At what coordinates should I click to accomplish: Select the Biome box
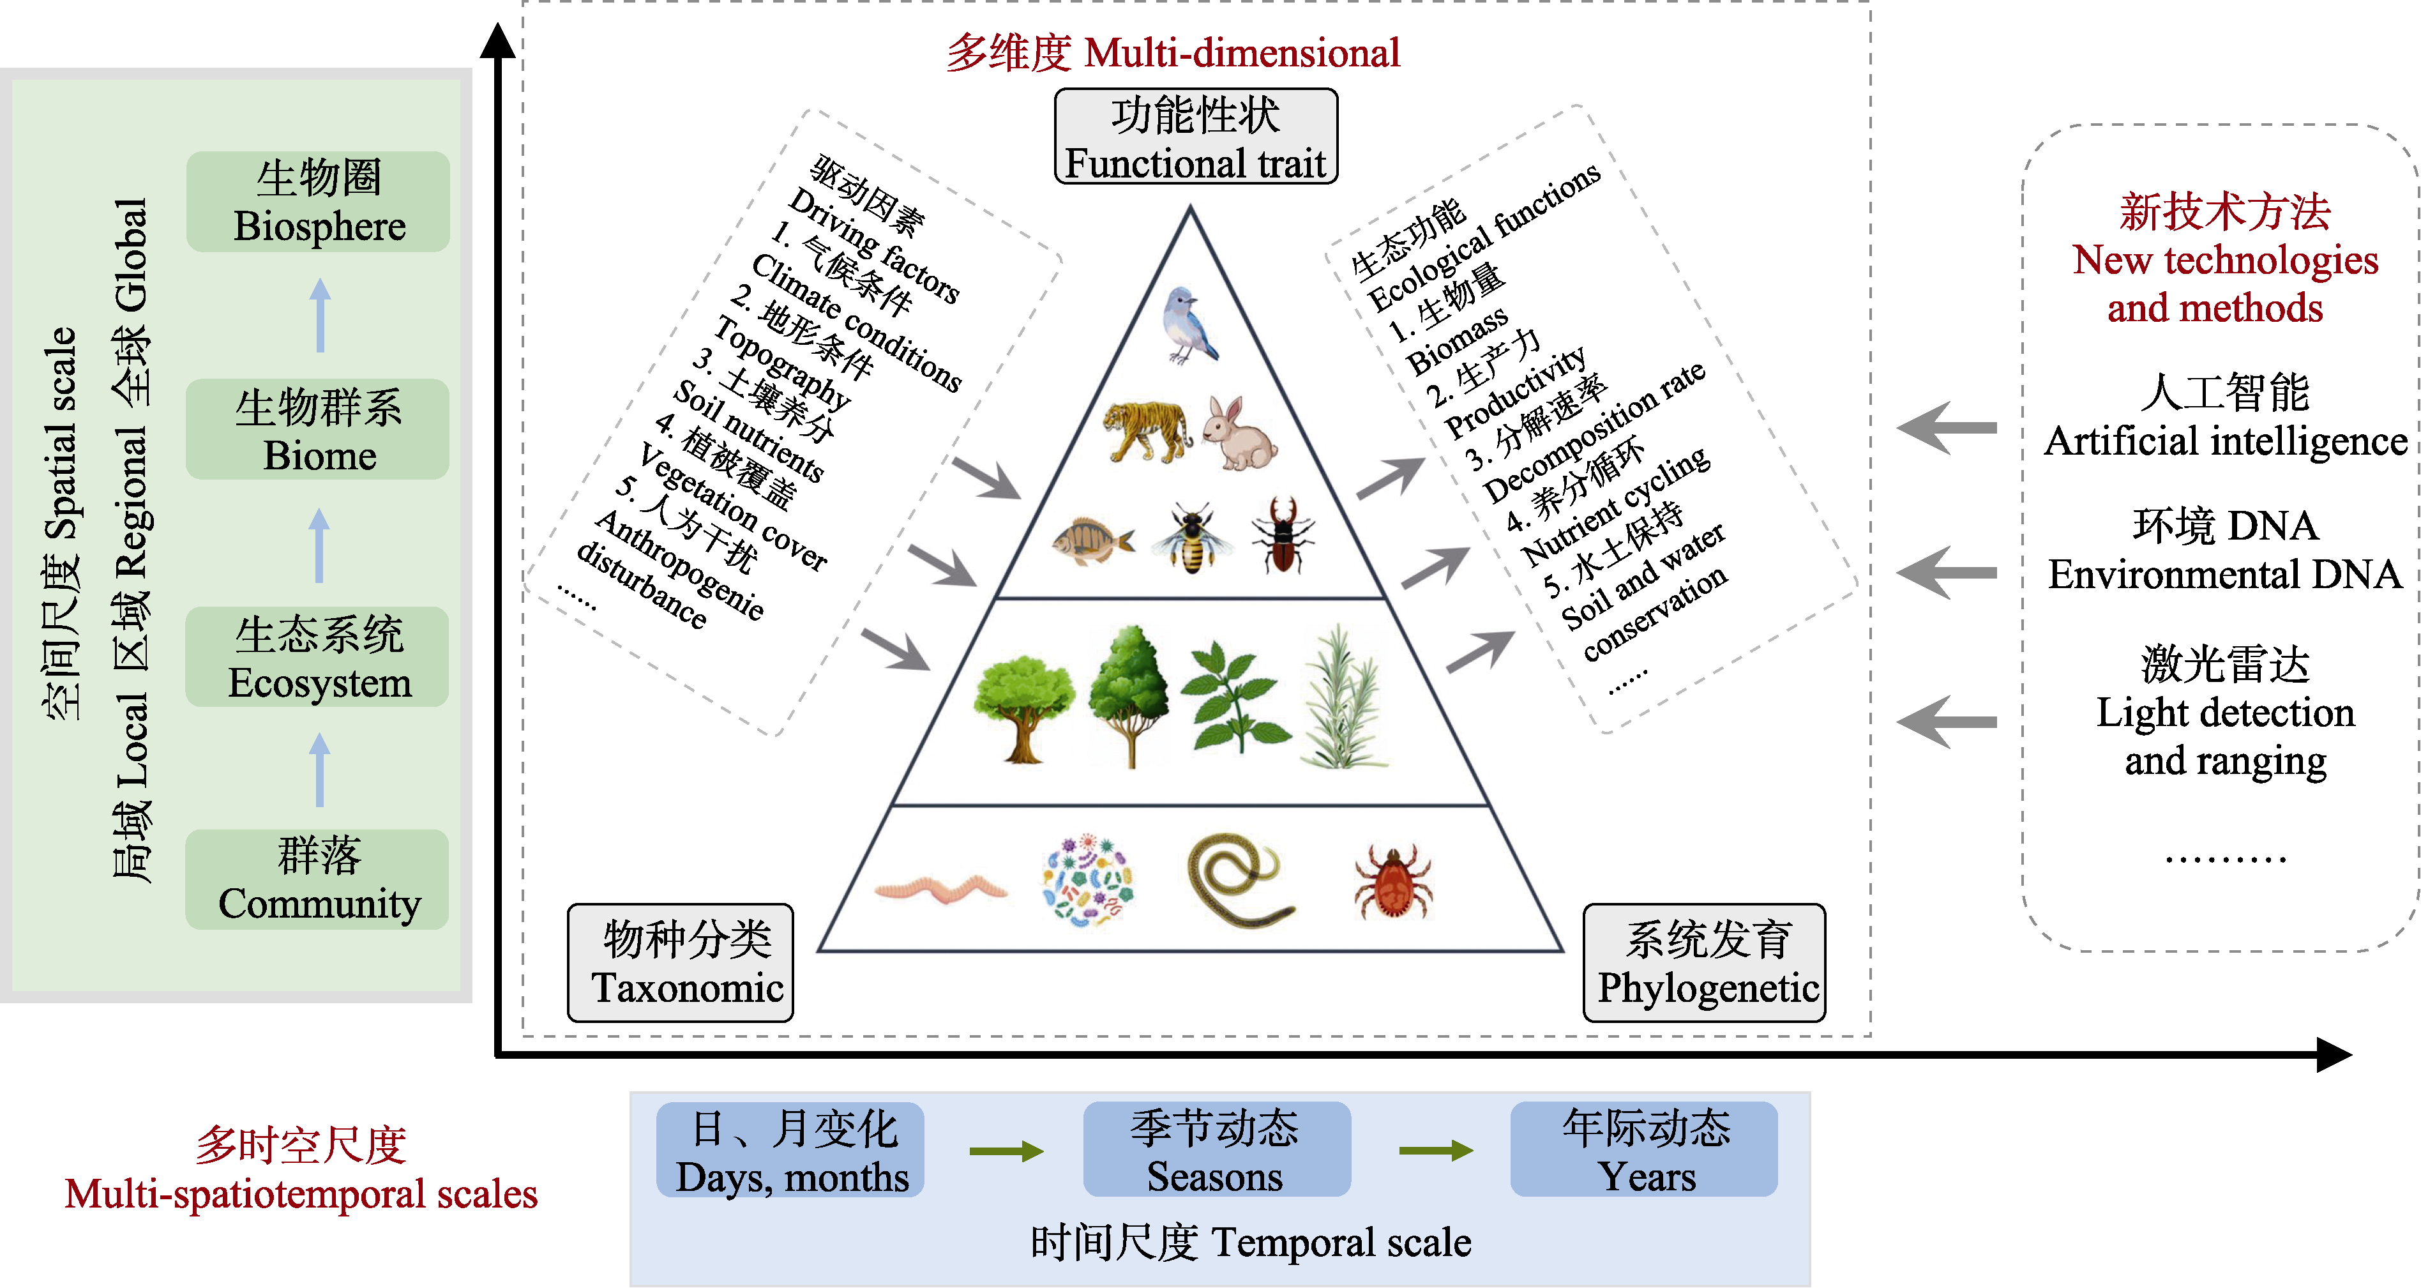point(318,430)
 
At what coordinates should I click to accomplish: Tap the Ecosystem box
point(318,657)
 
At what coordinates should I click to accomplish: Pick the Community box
point(318,879)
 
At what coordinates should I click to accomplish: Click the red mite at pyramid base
point(1393,881)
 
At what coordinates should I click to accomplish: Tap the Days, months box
point(790,1151)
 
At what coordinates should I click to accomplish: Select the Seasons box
point(1216,1151)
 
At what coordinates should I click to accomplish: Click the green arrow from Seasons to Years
point(1435,1151)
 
